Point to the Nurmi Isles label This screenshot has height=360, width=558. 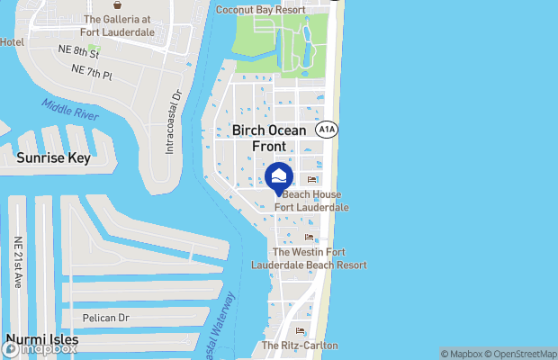[x=41, y=340]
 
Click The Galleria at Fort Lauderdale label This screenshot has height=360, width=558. [x=124, y=27]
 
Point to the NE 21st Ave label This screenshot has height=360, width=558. [x=17, y=262]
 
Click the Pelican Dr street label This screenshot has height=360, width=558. [x=106, y=318]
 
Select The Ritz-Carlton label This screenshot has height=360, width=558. [x=300, y=346]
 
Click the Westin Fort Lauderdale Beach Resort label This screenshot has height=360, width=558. [x=319, y=258]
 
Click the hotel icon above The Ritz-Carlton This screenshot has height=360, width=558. [x=300, y=331]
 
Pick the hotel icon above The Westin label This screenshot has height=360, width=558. [x=309, y=238]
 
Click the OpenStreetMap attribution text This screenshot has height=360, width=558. [x=523, y=353]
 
